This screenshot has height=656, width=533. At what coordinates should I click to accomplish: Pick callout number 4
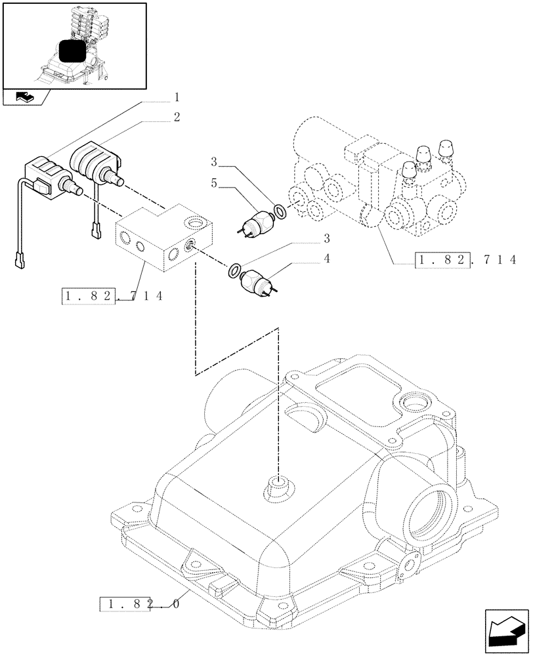tap(326, 259)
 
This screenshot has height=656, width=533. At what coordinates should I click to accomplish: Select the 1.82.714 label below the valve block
tap(112, 297)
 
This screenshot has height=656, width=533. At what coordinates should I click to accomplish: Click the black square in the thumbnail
tap(73, 52)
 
